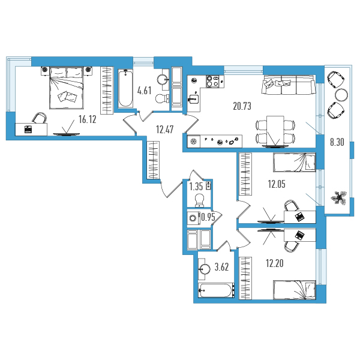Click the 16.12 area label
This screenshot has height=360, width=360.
pos(87,119)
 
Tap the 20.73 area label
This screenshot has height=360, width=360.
pos(242,106)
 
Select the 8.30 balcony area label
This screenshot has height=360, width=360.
pos(337,142)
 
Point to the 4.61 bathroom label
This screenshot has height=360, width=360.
pos(144,91)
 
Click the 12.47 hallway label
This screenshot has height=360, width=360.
pos(164,130)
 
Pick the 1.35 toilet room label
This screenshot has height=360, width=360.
pos(196,187)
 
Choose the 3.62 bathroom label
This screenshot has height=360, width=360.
pos(221,267)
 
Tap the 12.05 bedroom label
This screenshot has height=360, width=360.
pos(277,184)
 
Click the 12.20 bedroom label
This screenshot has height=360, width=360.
pos(275,263)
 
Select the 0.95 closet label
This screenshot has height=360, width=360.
pos(208,217)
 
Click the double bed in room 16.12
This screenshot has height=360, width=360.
pos(67,88)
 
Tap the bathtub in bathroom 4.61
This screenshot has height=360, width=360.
pos(125,89)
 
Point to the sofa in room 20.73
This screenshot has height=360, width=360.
pos(289,85)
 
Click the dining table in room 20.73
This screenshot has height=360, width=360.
pos(275,131)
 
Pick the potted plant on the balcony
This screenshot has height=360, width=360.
pos(339,197)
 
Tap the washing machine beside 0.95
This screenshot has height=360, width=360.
pos(193,218)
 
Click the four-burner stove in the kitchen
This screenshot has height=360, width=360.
pos(212,81)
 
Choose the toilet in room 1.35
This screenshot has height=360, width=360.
pos(199,200)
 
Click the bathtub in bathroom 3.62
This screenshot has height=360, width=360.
pos(216,290)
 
